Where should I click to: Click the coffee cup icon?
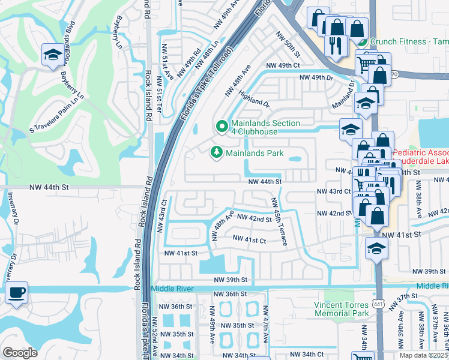pos(16,293)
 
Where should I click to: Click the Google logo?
pos(19,353)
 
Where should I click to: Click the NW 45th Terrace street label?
pos(279,222)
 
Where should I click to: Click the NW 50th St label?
pos(288,41)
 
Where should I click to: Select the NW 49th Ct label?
pos(282,65)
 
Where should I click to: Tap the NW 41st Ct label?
pos(250,241)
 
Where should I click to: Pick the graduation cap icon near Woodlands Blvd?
pos(52,55)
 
